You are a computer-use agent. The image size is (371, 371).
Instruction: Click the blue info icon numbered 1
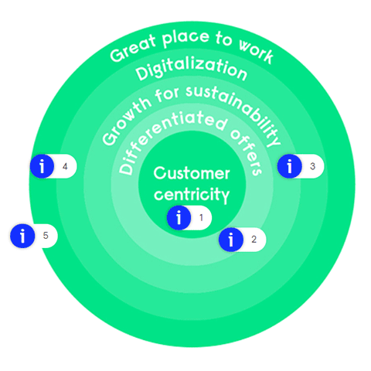(x=179, y=218)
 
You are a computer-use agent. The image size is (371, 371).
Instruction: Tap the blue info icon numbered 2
(x=231, y=240)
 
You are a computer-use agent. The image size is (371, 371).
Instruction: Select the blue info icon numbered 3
(x=289, y=165)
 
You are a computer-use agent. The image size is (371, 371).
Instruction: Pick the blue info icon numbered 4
(x=42, y=165)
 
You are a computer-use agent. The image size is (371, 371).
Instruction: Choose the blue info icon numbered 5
(x=22, y=236)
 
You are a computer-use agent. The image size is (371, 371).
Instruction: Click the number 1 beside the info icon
(x=201, y=218)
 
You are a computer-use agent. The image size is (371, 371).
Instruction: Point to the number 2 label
(x=254, y=240)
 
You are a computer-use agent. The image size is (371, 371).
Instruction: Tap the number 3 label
(x=311, y=165)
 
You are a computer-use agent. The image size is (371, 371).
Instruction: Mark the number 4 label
(x=65, y=165)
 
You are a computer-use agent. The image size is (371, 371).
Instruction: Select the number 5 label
(x=46, y=236)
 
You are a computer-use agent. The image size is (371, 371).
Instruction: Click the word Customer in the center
(x=191, y=173)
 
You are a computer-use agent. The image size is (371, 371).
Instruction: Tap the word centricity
(x=191, y=193)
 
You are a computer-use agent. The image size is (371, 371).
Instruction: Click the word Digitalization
(x=191, y=72)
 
